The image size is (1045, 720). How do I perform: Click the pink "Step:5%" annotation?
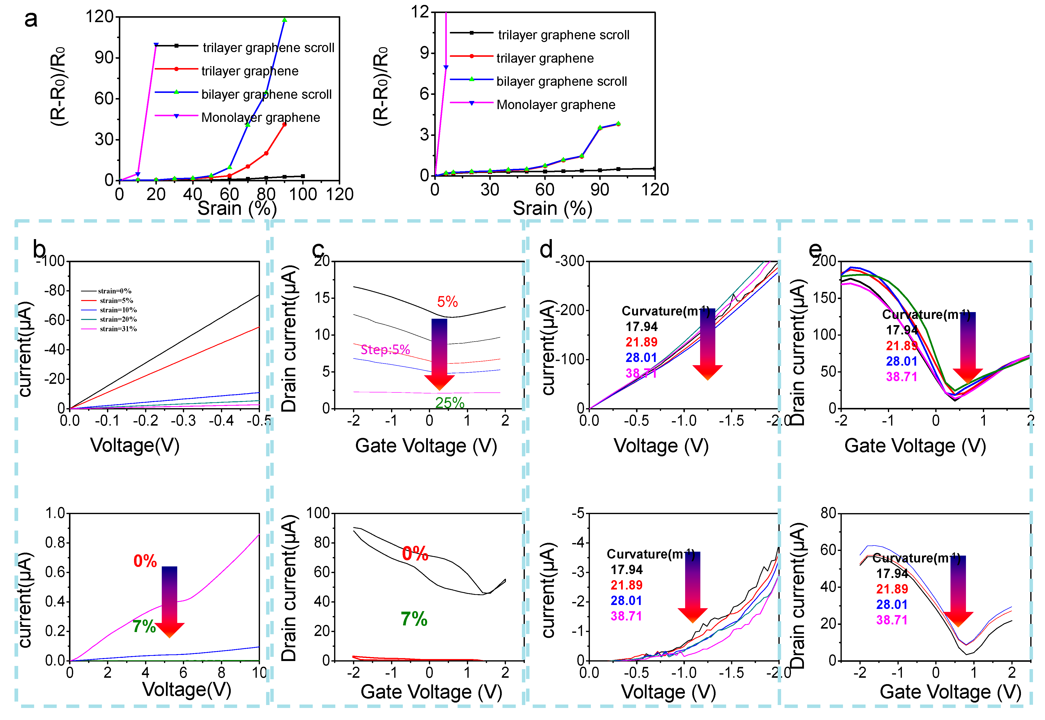point(385,350)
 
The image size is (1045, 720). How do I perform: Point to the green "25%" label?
point(449,403)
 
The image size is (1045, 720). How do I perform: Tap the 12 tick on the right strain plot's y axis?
point(420,12)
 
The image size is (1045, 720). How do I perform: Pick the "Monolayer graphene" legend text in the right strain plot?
point(556,105)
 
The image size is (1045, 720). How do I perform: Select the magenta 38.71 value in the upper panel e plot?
point(901,377)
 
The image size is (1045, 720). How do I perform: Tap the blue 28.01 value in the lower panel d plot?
point(626,601)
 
